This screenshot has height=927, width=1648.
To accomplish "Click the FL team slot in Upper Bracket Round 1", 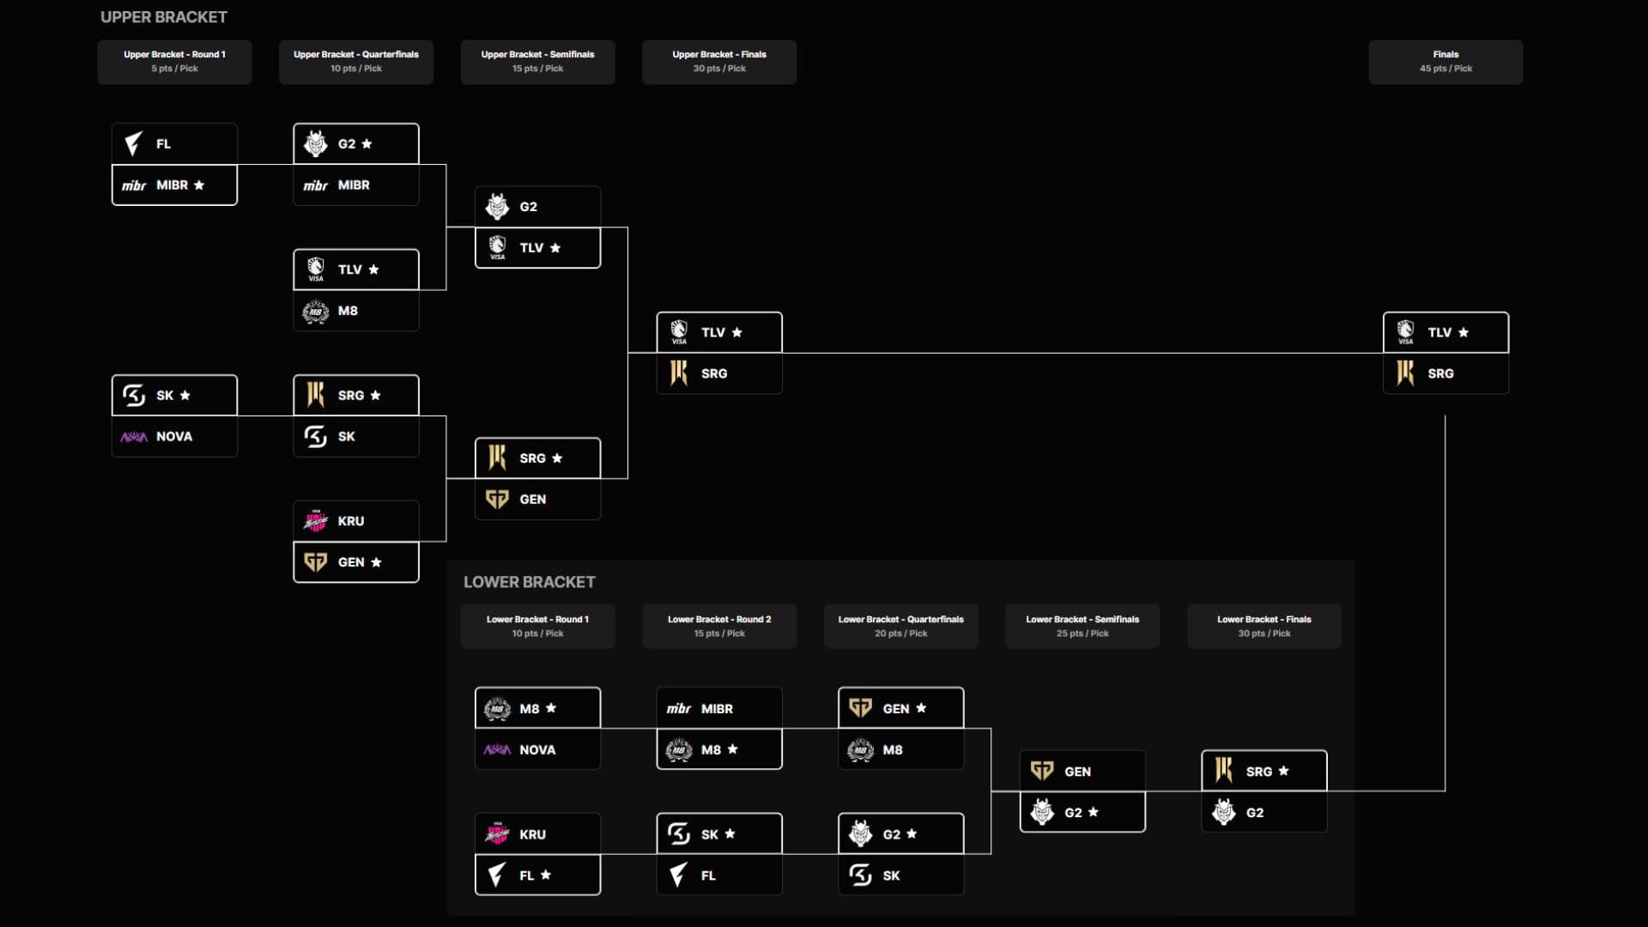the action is pyautogui.click(x=174, y=143).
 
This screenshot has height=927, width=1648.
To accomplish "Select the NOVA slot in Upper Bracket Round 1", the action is pyautogui.click(x=174, y=437).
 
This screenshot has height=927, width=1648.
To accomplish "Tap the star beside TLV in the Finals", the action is pyautogui.click(x=1463, y=332).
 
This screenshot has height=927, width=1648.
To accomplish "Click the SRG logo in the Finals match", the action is pyautogui.click(x=1405, y=373).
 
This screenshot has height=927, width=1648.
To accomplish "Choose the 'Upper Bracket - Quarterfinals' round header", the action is pyautogui.click(x=356, y=62).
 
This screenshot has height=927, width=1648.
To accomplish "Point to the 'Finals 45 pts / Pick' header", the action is pyautogui.click(x=1446, y=62).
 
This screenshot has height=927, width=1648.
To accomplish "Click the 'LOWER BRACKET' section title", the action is pyautogui.click(x=530, y=582).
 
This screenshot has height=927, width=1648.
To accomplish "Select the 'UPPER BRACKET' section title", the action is pyautogui.click(x=164, y=17).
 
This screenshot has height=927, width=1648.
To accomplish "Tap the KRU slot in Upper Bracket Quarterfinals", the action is pyautogui.click(x=356, y=521).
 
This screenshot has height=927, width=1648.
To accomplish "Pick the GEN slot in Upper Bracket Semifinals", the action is pyautogui.click(x=538, y=500).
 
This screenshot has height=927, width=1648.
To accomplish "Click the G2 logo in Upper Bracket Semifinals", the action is pyautogui.click(x=497, y=207).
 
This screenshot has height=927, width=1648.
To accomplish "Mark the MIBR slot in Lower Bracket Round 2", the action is pyautogui.click(x=719, y=708).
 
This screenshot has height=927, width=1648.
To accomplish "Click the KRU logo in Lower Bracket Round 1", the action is pyautogui.click(x=497, y=833).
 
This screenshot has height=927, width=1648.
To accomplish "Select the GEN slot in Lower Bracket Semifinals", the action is pyautogui.click(x=1082, y=771).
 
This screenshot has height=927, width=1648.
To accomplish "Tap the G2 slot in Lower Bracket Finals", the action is pyautogui.click(x=1264, y=812).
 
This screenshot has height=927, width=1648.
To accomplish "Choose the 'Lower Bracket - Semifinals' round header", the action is pyautogui.click(x=1082, y=627).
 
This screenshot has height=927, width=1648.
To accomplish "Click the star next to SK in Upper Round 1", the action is pyautogui.click(x=185, y=395).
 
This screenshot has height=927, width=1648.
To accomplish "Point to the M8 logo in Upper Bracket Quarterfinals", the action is pyautogui.click(x=316, y=312).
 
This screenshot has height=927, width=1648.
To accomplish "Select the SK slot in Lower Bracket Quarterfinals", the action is pyautogui.click(x=901, y=875).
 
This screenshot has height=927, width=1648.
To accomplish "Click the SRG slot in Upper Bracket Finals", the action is pyautogui.click(x=719, y=373).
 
